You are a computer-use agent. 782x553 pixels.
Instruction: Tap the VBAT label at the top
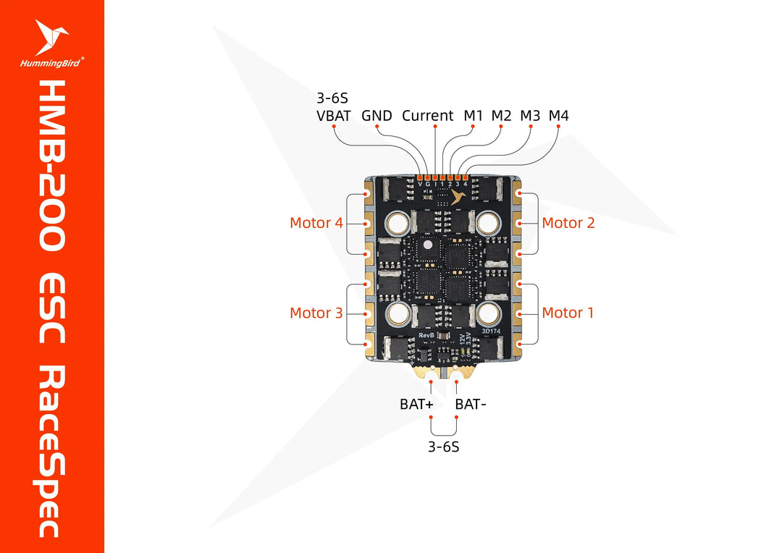[333, 115]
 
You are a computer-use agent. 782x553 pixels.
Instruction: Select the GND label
[377, 115]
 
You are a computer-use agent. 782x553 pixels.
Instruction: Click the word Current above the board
[428, 115]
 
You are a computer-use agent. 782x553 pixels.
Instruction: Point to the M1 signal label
[473, 115]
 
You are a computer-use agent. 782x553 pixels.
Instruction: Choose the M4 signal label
[558, 115]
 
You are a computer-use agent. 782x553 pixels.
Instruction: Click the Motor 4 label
[316, 223]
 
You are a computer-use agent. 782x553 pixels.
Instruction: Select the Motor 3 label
[316, 313]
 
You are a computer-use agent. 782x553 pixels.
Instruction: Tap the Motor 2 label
[568, 223]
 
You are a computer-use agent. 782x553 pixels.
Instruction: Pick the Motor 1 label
[568, 313]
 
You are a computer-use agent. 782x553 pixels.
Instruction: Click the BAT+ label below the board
[416, 405]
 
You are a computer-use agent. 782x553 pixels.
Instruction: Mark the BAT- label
[471, 405]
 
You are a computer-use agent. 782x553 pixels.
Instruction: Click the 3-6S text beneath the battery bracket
[443, 447]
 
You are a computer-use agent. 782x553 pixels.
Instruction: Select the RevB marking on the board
[426, 337]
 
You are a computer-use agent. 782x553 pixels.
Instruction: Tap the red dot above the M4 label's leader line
[558, 127]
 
